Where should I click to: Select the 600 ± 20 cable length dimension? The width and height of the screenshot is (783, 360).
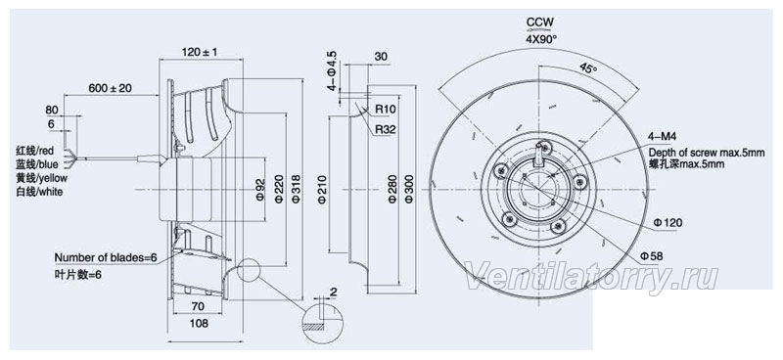point(110,88)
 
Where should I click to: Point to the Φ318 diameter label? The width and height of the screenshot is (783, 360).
point(296,189)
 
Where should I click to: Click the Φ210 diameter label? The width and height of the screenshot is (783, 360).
point(322,189)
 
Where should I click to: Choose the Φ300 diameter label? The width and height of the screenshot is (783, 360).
point(409,189)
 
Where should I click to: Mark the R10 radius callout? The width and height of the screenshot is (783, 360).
point(385,109)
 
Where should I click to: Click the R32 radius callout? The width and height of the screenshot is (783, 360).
point(385,130)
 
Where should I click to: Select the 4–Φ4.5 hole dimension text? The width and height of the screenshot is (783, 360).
point(332,70)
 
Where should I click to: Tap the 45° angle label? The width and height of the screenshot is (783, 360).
point(588,68)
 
